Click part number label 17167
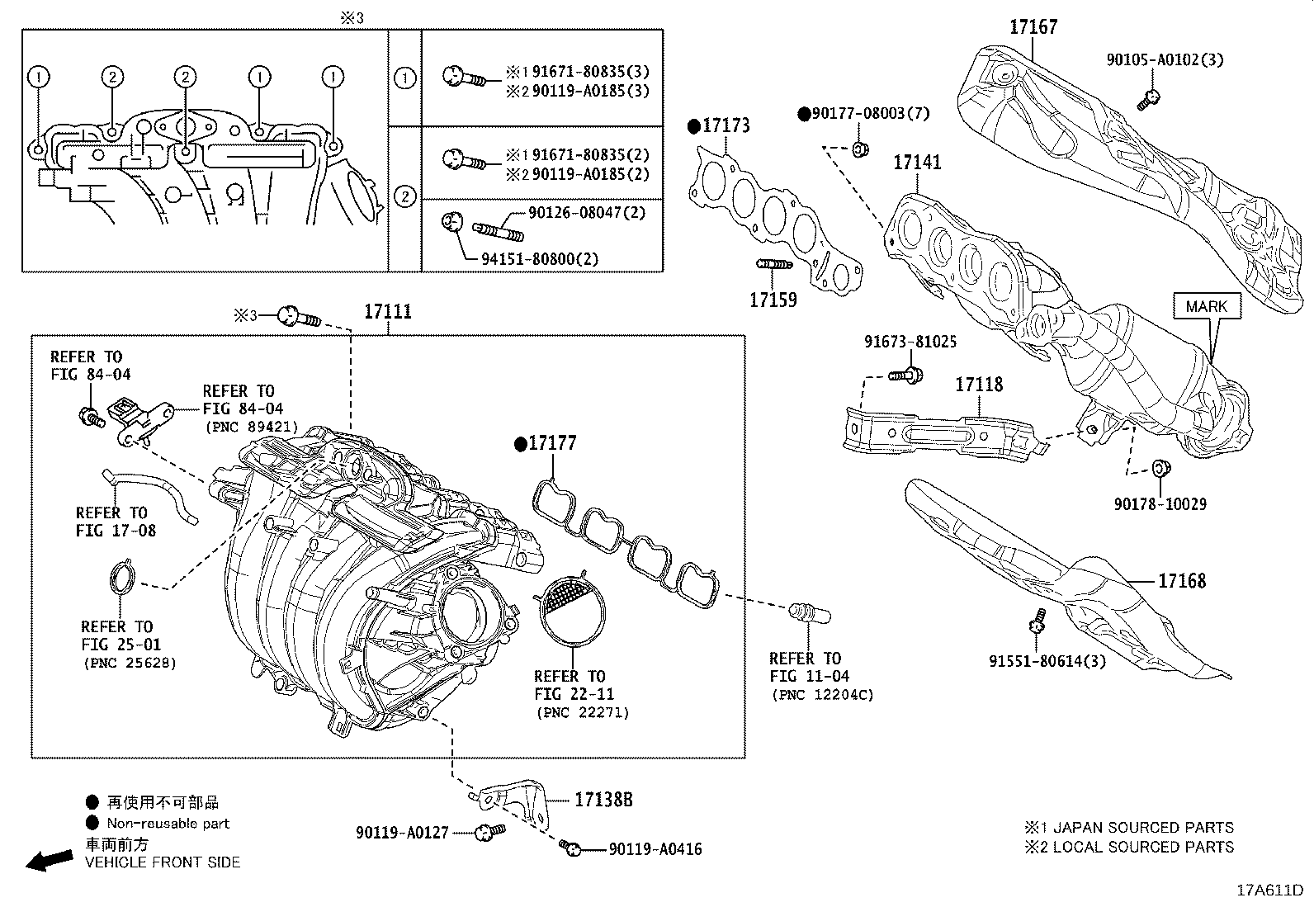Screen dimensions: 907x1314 tap(1033, 27)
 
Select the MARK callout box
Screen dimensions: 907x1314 tap(1206, 306)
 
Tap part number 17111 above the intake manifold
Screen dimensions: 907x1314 tap(388, 312)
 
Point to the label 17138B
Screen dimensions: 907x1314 tap(603, 799)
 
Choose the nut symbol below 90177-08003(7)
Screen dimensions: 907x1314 tap(858, 149)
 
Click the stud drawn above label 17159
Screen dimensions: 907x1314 tap(773, 264)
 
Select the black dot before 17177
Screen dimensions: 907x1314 tap(520, 445)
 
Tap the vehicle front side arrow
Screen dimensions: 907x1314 tap(48, 861)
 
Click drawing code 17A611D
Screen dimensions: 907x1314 tap(1269, 890)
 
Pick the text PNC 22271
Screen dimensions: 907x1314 tap(582, 712)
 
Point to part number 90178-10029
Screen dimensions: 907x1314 tap(1160, 504)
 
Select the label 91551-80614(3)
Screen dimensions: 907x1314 tap(1047, 661)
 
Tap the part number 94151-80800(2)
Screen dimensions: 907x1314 tap(540, 258)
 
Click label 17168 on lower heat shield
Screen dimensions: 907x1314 tap(1182, 581)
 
